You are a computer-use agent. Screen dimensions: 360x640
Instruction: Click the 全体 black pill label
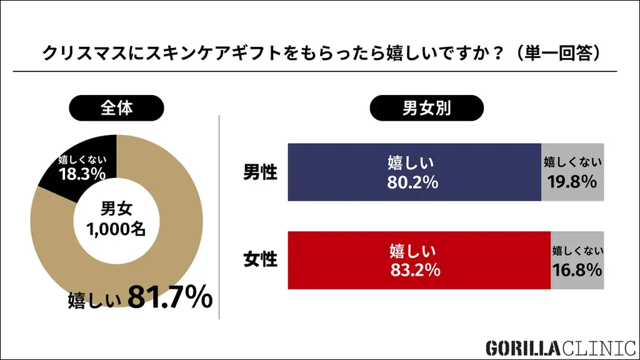116,108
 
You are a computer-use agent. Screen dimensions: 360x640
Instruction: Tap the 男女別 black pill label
427,108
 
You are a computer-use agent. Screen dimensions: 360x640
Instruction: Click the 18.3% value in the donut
81,174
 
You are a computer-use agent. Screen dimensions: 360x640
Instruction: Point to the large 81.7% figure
170,298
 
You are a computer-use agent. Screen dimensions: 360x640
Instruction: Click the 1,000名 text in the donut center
116,229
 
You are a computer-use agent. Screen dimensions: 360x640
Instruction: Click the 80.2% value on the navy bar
412,183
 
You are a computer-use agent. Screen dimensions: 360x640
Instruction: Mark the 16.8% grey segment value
577,270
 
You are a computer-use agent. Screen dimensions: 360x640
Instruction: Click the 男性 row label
260,172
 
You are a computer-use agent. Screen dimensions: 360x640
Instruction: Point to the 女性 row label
260,260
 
